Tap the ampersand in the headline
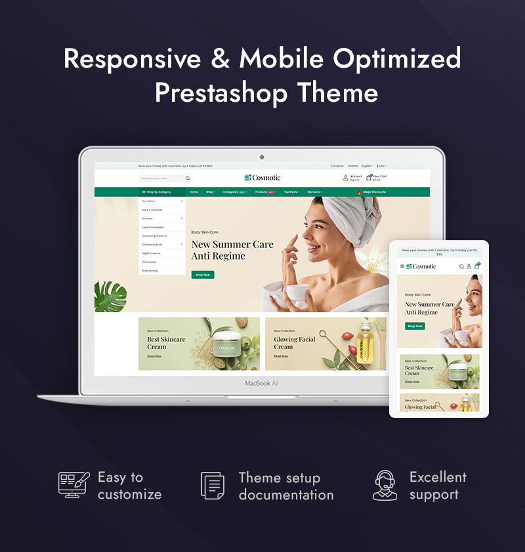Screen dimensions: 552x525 tap(220, 59)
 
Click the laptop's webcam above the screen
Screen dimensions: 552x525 tap(262, 157)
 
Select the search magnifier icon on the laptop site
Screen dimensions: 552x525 tap(188, 178)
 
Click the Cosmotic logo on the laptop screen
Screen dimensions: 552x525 tap(262, 177)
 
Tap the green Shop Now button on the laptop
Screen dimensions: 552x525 tap(203, 274)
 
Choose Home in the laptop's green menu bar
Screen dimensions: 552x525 tap(194, 192)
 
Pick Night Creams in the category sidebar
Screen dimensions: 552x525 tap(151, 253)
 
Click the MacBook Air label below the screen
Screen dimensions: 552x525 tap(262, 383)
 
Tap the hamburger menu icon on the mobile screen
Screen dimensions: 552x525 tap(402, 266)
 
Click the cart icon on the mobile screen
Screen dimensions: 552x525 tap(477, 266)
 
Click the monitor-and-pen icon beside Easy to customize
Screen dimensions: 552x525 tap(73, 486)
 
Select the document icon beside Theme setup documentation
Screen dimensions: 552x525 tap(212, 486)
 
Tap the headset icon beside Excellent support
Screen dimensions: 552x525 tap(385, 486)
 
